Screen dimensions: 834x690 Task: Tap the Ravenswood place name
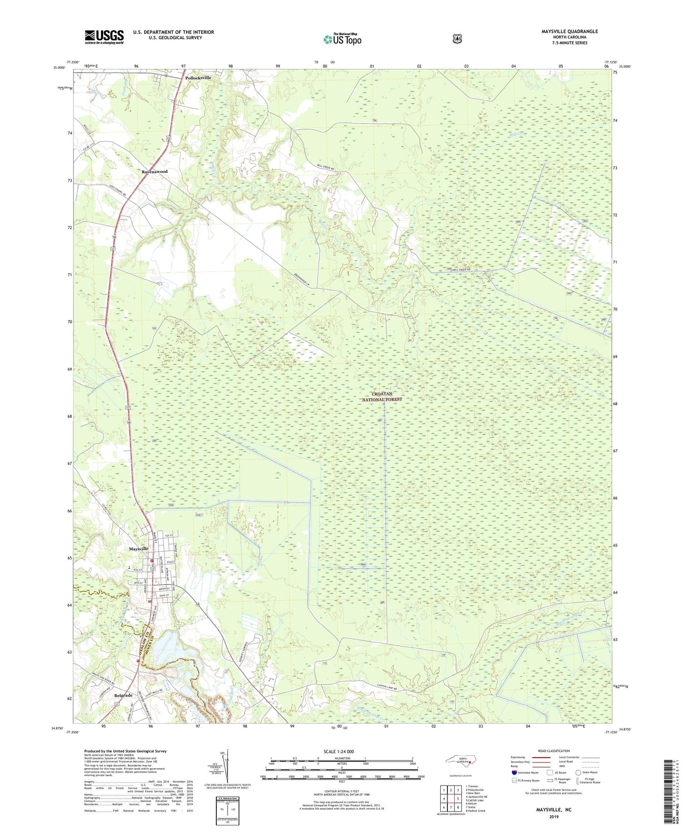coord(154,171)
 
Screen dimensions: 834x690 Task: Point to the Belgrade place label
coord(123,695)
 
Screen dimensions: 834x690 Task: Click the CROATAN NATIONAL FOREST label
coord(382,396)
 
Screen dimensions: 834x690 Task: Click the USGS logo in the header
coord(104,37)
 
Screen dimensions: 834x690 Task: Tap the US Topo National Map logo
coord(342,39)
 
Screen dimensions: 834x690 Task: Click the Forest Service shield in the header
coord(457,39)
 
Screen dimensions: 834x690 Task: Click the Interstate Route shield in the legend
coord(514,772)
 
